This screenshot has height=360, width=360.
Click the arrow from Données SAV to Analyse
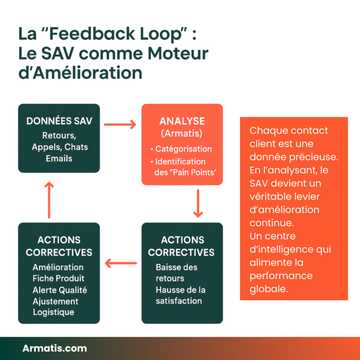[x=120, y=124]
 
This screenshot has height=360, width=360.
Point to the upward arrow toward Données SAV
[x=48, y=200]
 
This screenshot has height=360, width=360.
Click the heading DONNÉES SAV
[x=59, y=121]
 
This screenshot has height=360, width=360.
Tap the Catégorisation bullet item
[x=183, y=149]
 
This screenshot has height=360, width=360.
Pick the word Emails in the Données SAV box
[x=59, y=158]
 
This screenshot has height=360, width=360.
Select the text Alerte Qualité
[x=60, y=290]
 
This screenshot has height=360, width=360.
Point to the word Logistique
[x=53, y=312]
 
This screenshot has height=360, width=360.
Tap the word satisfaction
[x=179, y=301]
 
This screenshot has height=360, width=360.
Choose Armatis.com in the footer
[x=54, y=348]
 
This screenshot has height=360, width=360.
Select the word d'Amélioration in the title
[x=80, y=73]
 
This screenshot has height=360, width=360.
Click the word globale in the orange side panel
[x=269, y=289]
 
